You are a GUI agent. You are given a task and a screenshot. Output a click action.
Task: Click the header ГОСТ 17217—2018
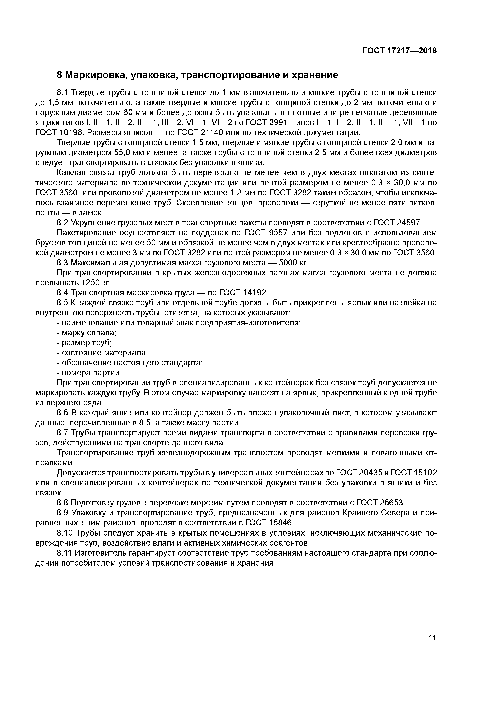click(400, 51)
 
